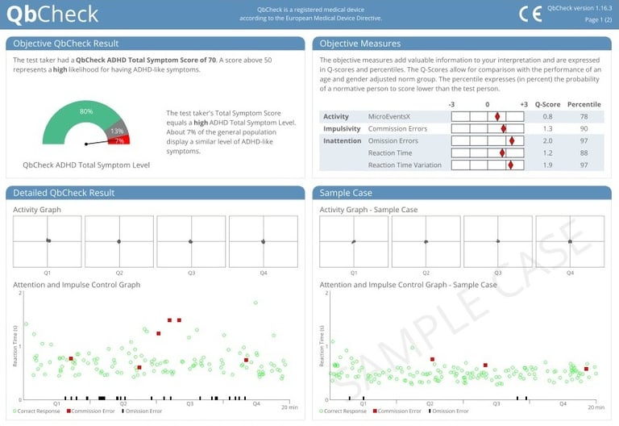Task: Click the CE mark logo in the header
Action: (x=530, y=14)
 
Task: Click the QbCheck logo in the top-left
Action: (x=52, y=14)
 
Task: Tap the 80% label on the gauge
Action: (x=86, y=111)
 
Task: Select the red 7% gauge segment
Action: (x=119, y=140)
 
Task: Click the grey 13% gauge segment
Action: (x=118, y=131)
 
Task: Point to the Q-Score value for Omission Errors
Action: (x=547, y=140)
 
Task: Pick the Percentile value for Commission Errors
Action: (x=584, y=128)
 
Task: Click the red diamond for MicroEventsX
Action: (x=497, y=116)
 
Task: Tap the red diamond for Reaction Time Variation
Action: (x=510, y=165)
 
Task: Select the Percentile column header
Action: (x=584, y=104)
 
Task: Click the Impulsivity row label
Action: (x=342, y=128)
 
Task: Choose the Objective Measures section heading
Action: (x=360, y=44)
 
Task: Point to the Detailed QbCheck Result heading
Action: (x=64, y=193)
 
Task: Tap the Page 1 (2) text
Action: (x=597, y=19)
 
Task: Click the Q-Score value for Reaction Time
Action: (x=547, y=152)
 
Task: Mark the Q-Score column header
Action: (x=547, y=104)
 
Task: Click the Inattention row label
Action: (x=342, y=140)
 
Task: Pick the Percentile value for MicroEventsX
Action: (x=584, y=116)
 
